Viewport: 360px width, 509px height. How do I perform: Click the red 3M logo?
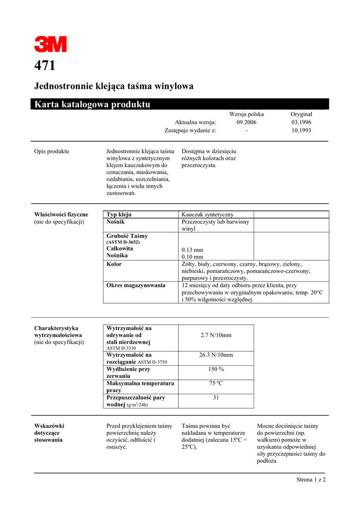[x=50, y=45]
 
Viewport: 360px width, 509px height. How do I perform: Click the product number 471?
[x=45, y=66]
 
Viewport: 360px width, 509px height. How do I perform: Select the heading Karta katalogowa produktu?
[x=92, y=104]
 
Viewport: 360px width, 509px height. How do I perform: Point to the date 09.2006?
[x=246, y=122]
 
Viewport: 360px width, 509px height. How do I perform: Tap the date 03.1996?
[x=301, y=122]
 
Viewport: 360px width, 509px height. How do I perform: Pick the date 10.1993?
[x=301, y=130]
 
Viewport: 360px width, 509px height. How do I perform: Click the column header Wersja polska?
[x=246, y=114]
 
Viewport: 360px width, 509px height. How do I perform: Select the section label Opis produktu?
[x=51, y=151]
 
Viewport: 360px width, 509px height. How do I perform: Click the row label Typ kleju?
[x=119, y=214]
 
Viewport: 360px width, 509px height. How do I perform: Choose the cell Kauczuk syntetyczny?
[x=208, y=214]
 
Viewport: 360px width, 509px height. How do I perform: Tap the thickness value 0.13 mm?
[x=192, y=250]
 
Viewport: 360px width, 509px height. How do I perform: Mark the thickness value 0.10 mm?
[x=192, y=257]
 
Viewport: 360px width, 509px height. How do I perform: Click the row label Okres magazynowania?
[x=136, y=285]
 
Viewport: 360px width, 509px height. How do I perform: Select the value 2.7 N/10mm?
[x=216, y=336]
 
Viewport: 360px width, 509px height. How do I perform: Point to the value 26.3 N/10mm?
[x=216, y=355]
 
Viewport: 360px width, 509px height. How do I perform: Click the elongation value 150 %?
[x=216, y=369]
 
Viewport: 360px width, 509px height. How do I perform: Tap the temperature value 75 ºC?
[x=216, y=383]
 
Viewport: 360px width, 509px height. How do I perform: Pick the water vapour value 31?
[x=216, y=398]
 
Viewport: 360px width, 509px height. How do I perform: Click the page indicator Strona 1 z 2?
[x=311, y=480]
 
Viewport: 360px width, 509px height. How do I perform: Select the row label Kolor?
[x=114, y=264]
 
